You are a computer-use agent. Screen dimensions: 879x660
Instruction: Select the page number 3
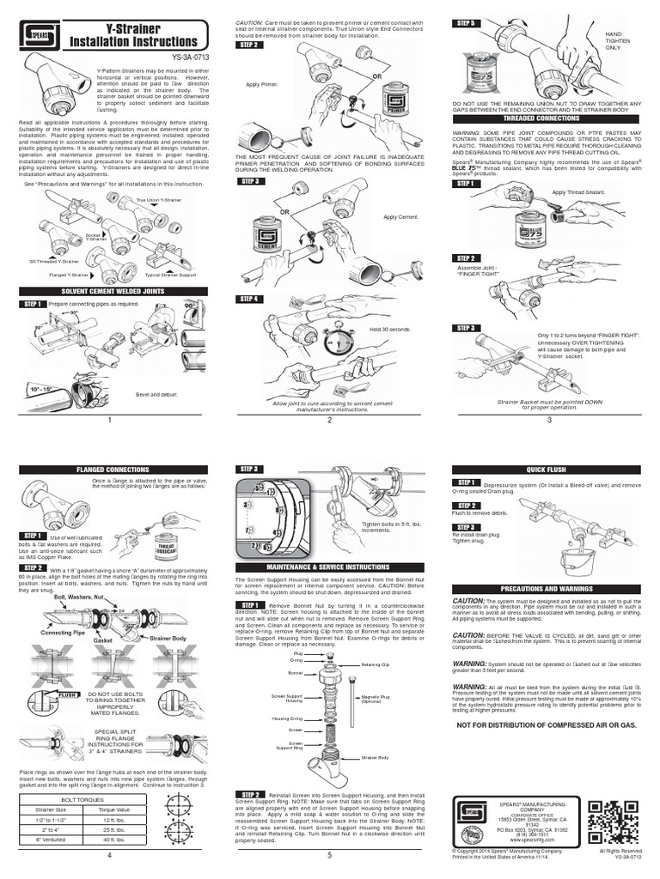549,420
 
